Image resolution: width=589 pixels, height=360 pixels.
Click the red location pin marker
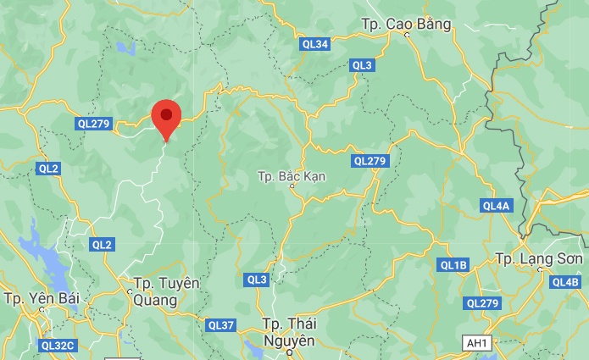(166, 117)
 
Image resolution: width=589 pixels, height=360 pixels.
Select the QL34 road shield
(314, 43)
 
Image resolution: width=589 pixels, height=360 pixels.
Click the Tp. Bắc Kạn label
(290, 177)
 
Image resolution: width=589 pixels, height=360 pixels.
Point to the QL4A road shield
(496, 206)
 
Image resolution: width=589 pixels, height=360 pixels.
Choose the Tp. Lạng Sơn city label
(539, 258)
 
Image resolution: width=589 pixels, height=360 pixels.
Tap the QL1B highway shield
(453, 265)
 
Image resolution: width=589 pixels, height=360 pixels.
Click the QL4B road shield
(564, 282)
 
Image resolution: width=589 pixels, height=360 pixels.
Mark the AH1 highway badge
(476, 342)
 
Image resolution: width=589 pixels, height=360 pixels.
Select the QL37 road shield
(220, 325)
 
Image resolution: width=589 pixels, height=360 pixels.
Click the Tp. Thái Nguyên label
(289, 331)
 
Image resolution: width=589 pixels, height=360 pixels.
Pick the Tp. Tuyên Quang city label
(166, 290)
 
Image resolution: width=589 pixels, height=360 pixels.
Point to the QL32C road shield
(58, 345)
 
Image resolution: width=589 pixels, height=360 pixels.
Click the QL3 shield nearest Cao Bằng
(362, 65)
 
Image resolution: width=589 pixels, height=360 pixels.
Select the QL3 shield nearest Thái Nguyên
(257, 280)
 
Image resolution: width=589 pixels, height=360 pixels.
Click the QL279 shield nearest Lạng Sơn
(483, 303)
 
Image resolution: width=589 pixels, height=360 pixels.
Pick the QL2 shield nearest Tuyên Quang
(102, 245)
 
